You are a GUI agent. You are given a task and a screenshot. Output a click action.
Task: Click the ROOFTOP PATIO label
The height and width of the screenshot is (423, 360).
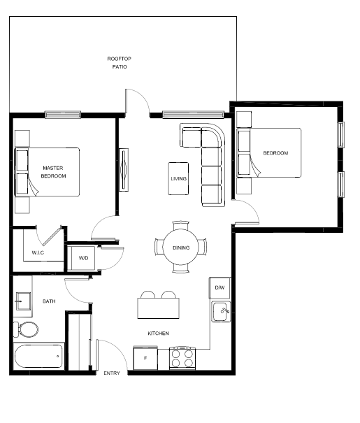[x=120, y=63]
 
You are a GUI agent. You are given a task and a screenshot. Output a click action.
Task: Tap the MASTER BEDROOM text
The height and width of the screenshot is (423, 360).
[x=53, y=172]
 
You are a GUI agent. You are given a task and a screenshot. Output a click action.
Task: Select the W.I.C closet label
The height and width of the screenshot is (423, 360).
[x=38, y=253]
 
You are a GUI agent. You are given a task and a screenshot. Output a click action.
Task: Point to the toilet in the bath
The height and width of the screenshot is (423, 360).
[x=26, y=329]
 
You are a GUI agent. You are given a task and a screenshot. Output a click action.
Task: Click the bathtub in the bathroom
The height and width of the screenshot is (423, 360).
[x=38, y=356]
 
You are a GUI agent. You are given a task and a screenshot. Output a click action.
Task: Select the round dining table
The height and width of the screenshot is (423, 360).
[x=180, y=248]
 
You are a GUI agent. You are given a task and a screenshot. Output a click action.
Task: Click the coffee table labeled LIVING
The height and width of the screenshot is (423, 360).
[x=178, y=178]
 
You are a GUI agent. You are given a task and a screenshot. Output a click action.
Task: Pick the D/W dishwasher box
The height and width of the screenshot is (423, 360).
[x=219, y=287]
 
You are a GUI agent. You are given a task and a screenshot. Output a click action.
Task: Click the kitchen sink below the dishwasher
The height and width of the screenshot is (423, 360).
[x=221, y=312]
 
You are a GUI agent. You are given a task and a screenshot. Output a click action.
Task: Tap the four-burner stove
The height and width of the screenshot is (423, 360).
[x=182, y=358]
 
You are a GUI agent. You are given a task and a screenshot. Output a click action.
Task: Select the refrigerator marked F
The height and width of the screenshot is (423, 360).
[x=145, y=358]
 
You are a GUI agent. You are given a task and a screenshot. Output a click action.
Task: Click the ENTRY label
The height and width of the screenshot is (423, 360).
[x=112, y=373]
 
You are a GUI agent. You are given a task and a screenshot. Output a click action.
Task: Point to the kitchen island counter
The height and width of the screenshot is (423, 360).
[x=158, y=308]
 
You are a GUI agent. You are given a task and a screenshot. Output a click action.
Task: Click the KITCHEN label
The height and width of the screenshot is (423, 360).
[x=158, y=334]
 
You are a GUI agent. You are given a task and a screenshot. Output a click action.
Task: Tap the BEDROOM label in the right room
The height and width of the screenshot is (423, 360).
[x=275, y=153]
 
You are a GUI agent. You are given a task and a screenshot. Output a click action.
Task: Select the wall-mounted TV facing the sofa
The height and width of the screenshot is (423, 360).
[x=124, y=170]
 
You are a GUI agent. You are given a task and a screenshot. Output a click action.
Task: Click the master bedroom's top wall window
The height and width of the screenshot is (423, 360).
[x=63, y=115]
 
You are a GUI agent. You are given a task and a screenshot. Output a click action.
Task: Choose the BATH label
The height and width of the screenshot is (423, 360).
[x=49, y=301]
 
